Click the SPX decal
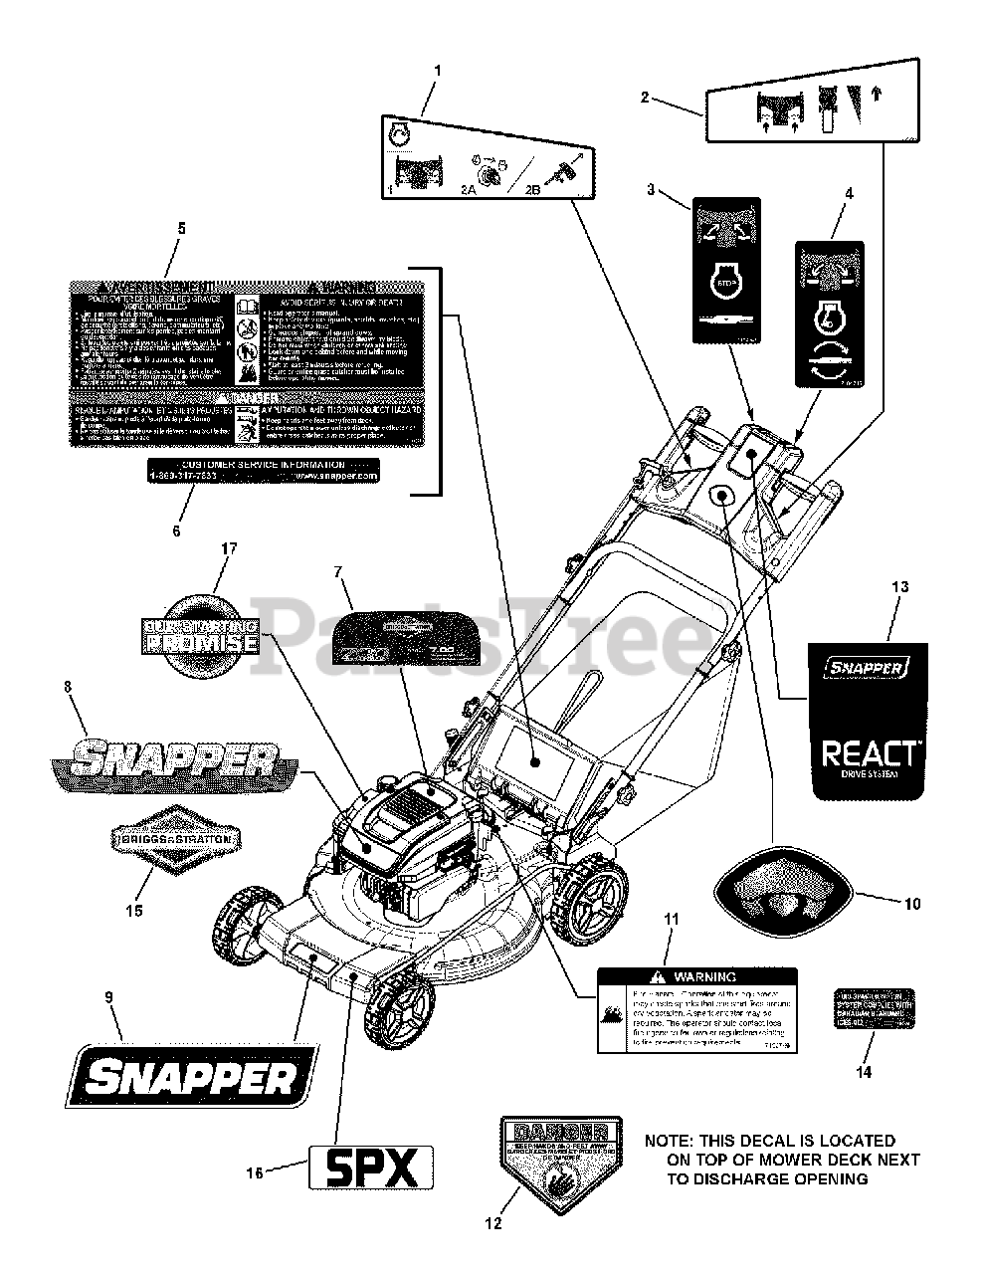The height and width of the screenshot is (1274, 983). [x=371, y=1167]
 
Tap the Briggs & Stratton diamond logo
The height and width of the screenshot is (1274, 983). [x=176, y=839]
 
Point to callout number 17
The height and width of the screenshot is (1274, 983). [x=230, y=547]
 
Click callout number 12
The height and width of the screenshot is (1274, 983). [x=494, y=1224]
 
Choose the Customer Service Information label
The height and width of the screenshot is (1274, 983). [x=264, y=471]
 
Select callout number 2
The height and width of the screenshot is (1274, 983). [x=645, y=97]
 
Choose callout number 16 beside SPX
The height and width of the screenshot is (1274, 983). [x=256, y=1173]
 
